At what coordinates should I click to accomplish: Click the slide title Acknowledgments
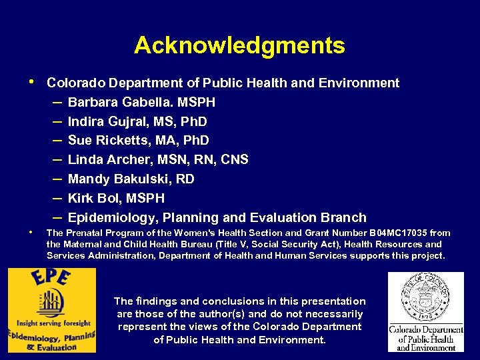pos(239,45)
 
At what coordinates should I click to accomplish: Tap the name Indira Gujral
pos(112,122)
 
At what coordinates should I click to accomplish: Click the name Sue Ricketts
pos(111,141)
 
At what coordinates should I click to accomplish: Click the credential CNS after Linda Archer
pos(235,160)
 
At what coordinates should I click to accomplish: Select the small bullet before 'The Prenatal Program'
pos(32,232)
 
